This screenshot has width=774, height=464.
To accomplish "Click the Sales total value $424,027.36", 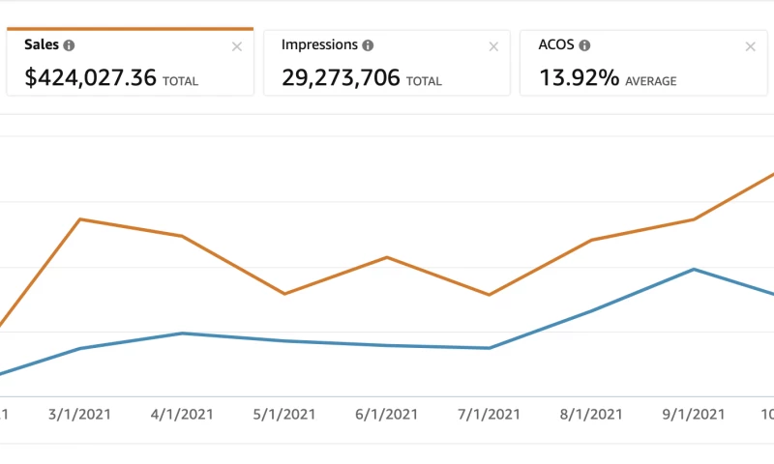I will (x=91, y=77).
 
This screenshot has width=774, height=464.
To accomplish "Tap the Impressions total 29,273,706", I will (x=341, y=77).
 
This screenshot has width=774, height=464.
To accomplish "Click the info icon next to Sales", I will (x=70, y=45).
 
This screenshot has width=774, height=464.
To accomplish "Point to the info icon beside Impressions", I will (x=369, y=45).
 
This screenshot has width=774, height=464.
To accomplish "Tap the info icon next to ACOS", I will (x=585, y=45).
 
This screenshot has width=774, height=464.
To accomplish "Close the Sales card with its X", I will (x=237, y=46).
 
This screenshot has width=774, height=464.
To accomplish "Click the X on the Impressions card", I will (x=493, y=46).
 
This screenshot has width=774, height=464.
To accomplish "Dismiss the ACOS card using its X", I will (x=750, y=46).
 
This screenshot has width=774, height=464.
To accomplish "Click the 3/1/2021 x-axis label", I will (x=79, y=414).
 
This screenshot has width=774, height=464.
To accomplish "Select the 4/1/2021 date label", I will (x=182, y=414).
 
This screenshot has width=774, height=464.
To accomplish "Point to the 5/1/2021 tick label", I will (x=284, y=414).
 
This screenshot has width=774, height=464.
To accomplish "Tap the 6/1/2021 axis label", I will (x=387, y=414).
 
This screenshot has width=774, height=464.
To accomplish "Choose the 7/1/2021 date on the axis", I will (x=490, y=414).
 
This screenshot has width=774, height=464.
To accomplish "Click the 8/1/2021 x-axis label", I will (x=592, y=414).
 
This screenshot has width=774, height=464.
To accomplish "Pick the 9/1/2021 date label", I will (x=695, y=414).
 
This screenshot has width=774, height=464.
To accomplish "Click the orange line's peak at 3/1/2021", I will (x=80, y=219).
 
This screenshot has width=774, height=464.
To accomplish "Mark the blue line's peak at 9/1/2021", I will (x=694, y=269).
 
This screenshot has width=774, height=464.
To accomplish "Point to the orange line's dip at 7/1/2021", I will (x=490, y=295).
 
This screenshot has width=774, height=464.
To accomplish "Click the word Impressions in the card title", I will (x=319, y=45).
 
